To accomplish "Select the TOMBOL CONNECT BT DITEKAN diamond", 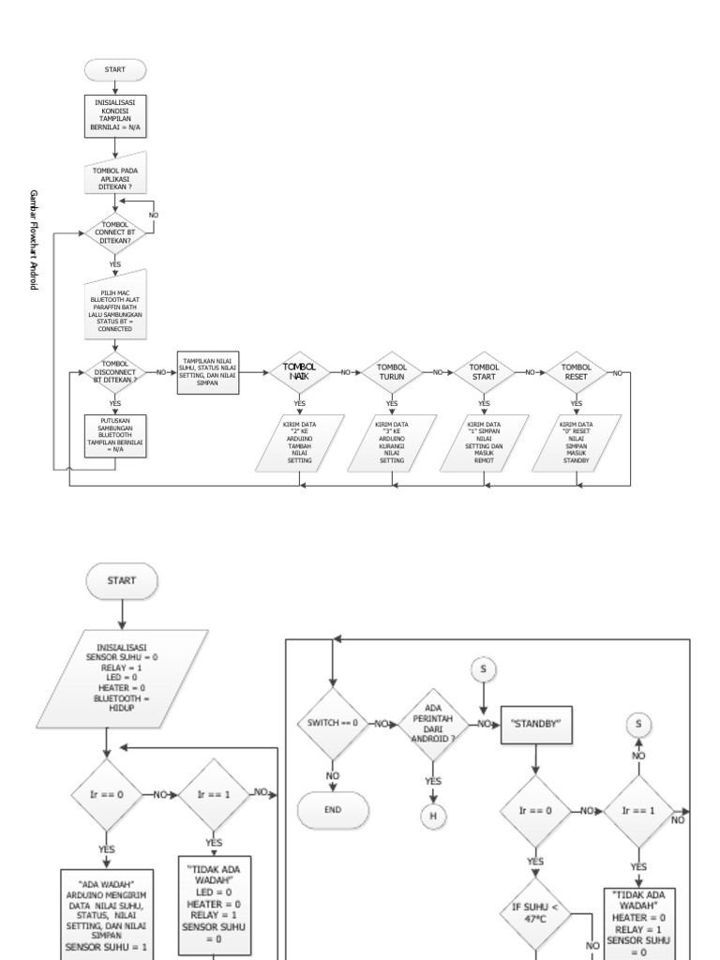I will point(114,232).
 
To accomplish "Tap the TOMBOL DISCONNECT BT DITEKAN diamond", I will point(114,372).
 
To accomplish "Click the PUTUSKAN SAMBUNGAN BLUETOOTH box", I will point(114,435).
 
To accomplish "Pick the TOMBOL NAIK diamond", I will point(300,372).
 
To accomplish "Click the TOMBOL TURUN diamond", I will point(392,372).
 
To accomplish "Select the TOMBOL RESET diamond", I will point(576,372).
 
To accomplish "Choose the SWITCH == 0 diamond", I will point(332,724).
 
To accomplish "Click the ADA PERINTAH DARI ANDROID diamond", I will point(433,724).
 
